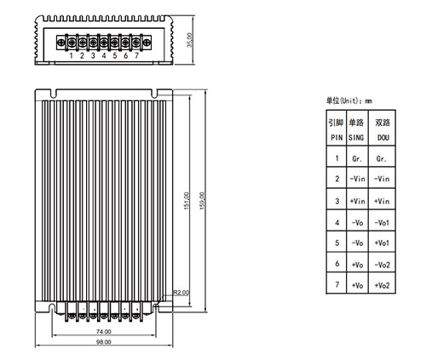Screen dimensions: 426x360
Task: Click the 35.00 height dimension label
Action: click(190, 40)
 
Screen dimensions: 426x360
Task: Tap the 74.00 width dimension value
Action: click(104, 331)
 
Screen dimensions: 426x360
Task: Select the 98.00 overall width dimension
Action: click(104, 342)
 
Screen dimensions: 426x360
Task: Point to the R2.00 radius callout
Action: click(181, 293)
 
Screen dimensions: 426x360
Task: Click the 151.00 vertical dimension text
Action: click(187, 201)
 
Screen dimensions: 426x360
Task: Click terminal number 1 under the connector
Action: click(71, 55)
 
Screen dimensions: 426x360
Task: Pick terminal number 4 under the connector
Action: click(104, 55)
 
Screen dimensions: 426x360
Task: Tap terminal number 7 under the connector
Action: click(136, 55)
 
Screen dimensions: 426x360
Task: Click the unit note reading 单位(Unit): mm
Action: click(349, 100)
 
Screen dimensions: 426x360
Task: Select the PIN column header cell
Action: click(337, 129)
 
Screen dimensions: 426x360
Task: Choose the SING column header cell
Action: click(357, 129)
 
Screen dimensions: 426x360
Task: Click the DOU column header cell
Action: click(382, 129)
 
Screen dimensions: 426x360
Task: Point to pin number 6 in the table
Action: click(337, 264)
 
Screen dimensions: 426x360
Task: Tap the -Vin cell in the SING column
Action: click(357, 179)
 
